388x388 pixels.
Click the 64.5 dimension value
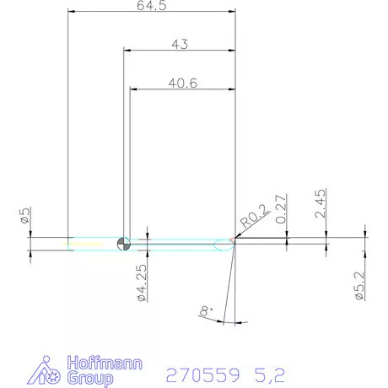click(x=150, y=6)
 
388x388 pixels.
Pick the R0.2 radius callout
click(x=252, y=219)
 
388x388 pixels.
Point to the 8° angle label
click(x=205, y=313)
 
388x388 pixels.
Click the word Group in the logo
click(x=89, y=379)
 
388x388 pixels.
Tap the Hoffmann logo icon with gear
click(x=46, y=371)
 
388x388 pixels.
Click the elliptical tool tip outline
click(x=224, y=245)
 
